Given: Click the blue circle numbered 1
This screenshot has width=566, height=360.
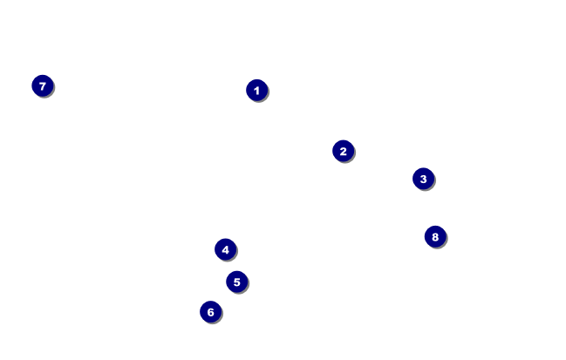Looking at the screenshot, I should pyautogui.click(x=256, y=90).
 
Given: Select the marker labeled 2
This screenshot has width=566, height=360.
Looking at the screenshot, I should pyautogui.click(x=343, y=151).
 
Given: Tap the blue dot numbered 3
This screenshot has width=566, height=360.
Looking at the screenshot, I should pyautogui.click(x=423, y=179).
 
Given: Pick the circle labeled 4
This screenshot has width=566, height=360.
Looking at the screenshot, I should pyautogui.click(x=225, y=249).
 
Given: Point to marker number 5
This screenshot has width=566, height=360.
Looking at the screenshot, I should pyautogui.click(x=236, y=282).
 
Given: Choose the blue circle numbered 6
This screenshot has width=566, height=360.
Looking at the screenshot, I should pyautogui.click(x=210, y=311).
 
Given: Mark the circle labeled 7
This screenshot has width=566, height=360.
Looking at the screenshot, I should pyautogui.click(x=42, y=85).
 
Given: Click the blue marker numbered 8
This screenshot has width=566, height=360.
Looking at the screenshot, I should pyautogui.click(x=435, y=236).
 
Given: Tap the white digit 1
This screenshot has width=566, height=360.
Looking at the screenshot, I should pyautogui.click(x=256, y=90).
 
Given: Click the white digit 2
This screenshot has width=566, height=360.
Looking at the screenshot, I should pyautogui.click(x=343, y=151).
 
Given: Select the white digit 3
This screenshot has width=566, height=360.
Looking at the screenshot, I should pyautogui.click(x=423, y=179).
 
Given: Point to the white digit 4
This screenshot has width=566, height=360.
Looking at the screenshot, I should pyautogui.click(x=225, y=249).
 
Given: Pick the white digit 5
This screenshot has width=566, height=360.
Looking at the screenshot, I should pyautogui.click(x=236, y=282).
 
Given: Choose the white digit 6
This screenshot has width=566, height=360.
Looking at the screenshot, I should pyautogui.click(x=210, y=311).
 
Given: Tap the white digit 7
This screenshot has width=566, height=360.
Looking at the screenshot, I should pyautogui.click(x=42, y=85).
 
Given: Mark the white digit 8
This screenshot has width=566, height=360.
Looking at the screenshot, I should pyautogui.click(x=435, y=236).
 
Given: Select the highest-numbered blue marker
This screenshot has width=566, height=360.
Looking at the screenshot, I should pyautogui.click(x=435, y=236).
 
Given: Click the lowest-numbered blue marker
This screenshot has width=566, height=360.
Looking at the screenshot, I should pyautogui.click(x=256, y=90).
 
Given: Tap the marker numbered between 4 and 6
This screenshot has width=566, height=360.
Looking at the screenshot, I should pyautogui.click(x=236, y=282).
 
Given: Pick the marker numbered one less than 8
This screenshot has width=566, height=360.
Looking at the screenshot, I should pyautogui.click(x=42, y=85).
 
